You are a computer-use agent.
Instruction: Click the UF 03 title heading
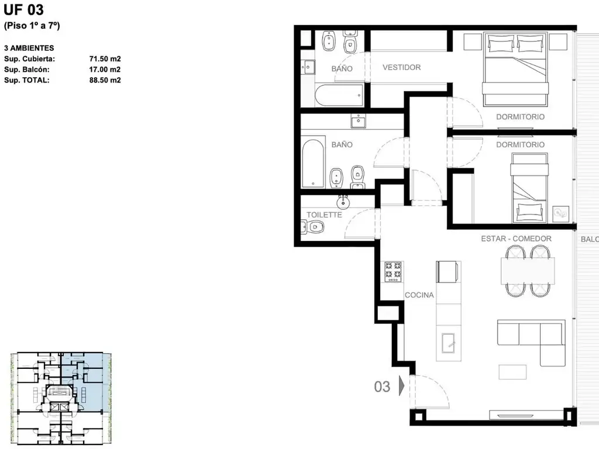tap(23, 9)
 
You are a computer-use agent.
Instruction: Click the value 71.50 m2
tap(105, 59)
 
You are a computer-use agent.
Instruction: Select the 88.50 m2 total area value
tap(105, 80)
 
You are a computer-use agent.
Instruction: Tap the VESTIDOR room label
tap(401, 67)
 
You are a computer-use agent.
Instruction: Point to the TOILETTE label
tap(324, 215)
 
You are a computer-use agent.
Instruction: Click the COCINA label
tap(419, 295)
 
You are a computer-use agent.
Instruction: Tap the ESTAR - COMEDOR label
tap(516, 239)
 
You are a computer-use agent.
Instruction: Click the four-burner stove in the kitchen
tap(393, 271)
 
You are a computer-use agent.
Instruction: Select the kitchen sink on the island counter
tap(449, 343)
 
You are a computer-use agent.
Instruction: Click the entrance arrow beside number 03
tap(401, 385)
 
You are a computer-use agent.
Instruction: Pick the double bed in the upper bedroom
tap(515, 69)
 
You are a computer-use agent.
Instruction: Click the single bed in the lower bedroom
tap(529, 188)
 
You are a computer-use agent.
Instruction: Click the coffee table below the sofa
tap(512, 372)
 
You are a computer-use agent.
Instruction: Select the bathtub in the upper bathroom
tap(339, 95)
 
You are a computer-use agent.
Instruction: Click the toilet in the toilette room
tap(314, 227)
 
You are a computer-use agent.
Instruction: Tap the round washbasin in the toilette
tap(343, 202)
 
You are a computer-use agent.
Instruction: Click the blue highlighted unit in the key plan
tap(87, 382)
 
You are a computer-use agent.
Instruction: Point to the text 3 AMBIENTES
tap(29, 48)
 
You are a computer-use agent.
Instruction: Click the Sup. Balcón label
tap(27, 70)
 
